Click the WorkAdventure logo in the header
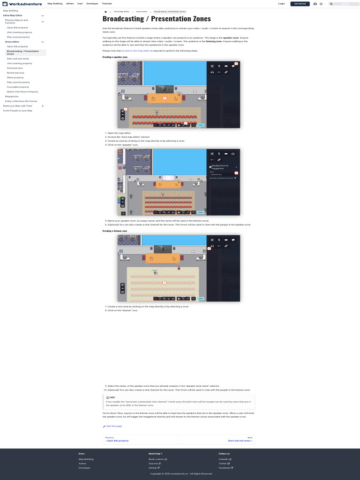coord(22,4)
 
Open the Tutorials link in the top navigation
coord(107,4)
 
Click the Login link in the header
coord(281,4)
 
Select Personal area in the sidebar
coord(15,68)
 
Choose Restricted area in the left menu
coord(15,73)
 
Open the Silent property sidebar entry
coord(15,77)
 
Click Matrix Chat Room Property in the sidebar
coord(22,92)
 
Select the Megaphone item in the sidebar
coord(12,97)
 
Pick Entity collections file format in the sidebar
coord(21,101)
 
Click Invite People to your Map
coord(18,111)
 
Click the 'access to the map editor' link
coord(136,51)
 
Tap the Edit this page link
coord(114,426)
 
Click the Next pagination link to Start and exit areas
coord(240,441)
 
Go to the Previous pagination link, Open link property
coord(118,441)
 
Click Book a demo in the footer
coord(157,459)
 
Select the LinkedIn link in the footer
coord(224,459)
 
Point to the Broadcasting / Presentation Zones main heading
coord(157,19)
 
